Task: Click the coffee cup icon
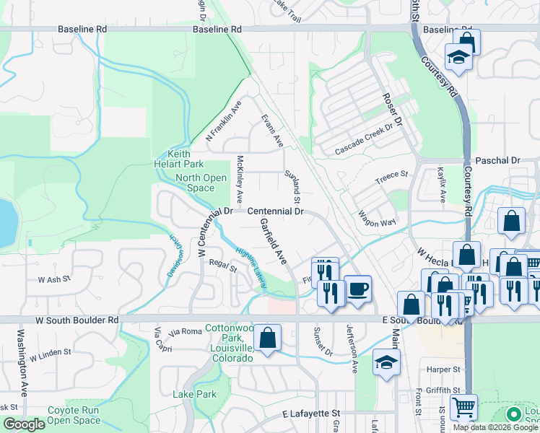357,289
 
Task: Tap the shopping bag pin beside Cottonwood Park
267,338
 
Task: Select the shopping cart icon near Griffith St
463,406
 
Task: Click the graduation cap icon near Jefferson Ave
386,362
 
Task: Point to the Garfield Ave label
274,240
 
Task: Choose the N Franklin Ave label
223,121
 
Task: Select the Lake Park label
194,394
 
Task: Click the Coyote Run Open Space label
74,415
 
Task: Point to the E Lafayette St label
311,414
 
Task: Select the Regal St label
223,268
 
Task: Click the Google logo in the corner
24,424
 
